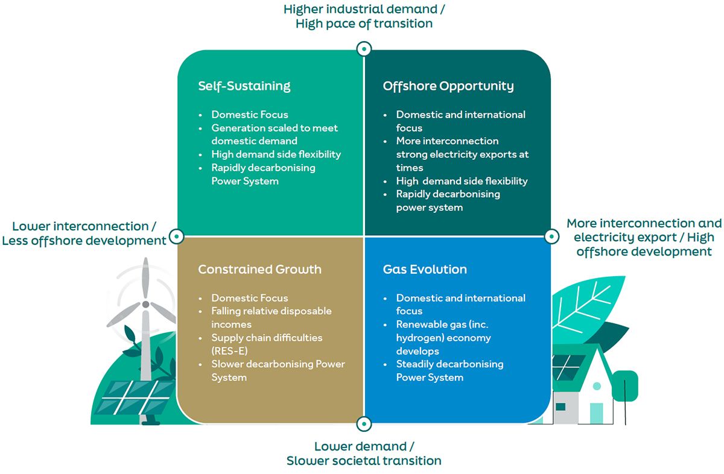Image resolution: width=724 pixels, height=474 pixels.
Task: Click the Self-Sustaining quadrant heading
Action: tap(244, 86)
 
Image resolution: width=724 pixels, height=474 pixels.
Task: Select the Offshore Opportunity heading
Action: tap(448, 86)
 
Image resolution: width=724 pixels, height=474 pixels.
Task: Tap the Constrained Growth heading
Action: tap(259, 269)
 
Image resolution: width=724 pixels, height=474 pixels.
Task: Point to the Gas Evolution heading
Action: tap(425, 269)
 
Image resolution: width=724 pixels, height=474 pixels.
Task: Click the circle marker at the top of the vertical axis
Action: tap(364, 49)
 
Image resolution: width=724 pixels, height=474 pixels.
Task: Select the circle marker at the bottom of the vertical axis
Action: tap(364, 424)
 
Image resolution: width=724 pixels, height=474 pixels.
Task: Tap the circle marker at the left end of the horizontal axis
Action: tap(176, 236)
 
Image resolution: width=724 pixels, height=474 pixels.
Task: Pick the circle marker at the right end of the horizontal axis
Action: tap(552, 236)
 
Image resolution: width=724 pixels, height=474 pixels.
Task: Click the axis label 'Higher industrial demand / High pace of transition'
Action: tap(364, 16)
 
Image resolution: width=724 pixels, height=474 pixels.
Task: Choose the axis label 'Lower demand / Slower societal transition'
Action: tap(364, 453)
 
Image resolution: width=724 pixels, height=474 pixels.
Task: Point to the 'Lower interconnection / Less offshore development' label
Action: tap(84, 233)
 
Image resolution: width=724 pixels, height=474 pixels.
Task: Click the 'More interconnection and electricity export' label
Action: tap(644, 237)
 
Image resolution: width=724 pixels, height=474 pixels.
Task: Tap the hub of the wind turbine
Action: tap(145, 305)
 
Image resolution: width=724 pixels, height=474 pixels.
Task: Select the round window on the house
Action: tap(596, 385)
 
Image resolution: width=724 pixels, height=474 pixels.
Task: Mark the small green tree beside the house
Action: tap(624, 386)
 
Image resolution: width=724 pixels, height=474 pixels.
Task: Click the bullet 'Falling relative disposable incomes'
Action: tap(271, 318)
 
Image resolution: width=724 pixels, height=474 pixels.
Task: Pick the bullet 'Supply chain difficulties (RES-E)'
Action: tap(267, 344)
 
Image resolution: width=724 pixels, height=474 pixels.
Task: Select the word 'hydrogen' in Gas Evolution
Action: tap(421, 338)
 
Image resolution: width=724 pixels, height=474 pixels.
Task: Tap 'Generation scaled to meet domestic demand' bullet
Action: tap(275, 134)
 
